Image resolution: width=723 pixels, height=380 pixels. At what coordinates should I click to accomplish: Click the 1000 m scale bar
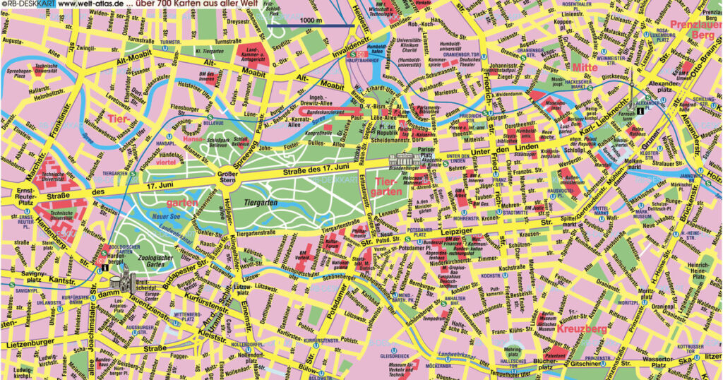[310, 26]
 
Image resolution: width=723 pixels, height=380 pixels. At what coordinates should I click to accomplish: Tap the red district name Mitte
[585, 67]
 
